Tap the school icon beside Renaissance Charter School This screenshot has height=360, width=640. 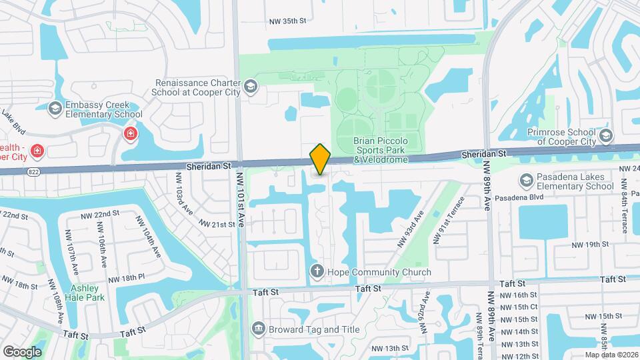250,86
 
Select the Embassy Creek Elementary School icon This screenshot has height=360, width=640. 55,109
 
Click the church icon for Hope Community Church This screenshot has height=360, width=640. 317,271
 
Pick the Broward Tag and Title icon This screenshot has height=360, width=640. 258,329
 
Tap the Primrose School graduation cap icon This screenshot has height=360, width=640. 605,137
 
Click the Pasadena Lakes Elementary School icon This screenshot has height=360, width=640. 526,181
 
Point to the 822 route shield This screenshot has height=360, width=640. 33,171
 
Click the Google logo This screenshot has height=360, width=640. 21,351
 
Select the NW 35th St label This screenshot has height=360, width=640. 285,21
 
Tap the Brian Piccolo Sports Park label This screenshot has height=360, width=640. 387,150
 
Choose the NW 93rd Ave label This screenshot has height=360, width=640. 410,229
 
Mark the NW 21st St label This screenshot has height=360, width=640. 214,225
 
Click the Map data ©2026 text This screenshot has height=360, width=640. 611,355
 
